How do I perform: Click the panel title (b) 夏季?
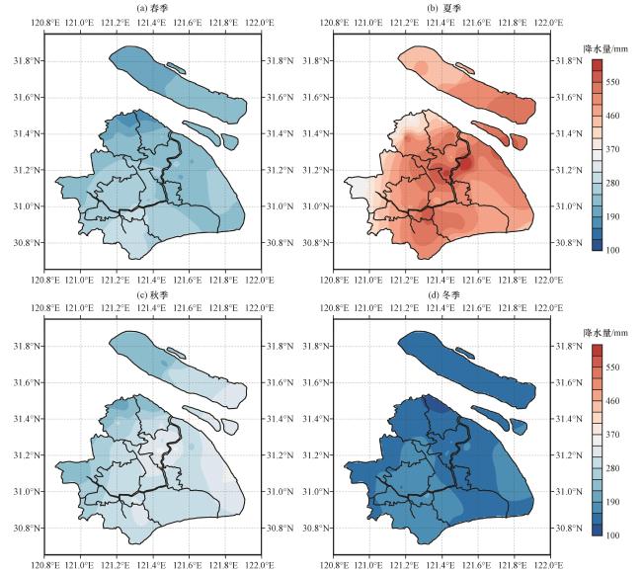pos(442,8)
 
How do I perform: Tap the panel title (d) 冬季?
pos(442,294)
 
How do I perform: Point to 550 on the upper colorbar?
pos(612,82)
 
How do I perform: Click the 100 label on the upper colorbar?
pos(612,250)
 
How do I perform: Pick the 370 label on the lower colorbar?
pos(612,435)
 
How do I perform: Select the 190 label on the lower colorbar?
pos(612,502)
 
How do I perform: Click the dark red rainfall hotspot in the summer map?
pos(466,164)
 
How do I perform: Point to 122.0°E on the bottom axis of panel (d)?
pos(550,566)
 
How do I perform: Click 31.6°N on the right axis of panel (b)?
pos(569,98)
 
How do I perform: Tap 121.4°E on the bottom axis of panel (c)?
pos(152,566)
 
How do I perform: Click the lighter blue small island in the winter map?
pos(519,426)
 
